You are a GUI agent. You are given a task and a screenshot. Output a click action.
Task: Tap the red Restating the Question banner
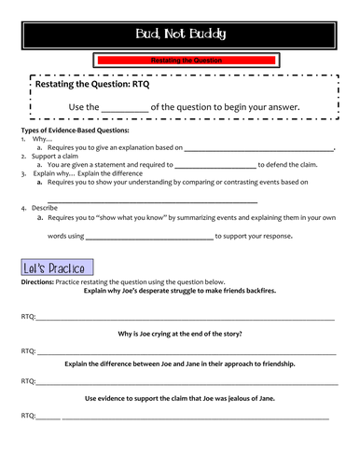(180, 61)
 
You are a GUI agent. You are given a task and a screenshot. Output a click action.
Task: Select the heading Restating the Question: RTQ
(91, 85)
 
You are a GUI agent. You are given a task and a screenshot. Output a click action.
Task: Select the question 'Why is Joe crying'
(180, 334)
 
